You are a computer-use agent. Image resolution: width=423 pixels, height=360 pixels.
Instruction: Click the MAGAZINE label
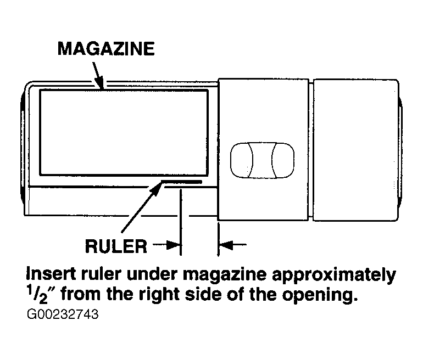(106, 49)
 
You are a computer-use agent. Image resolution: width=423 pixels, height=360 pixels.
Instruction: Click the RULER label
(116, 246)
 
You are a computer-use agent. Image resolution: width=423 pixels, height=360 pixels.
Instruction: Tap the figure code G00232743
(63, 314)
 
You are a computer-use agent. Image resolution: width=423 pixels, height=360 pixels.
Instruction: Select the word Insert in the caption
(51, 274)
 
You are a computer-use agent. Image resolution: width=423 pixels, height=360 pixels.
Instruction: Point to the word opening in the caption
(320, 295)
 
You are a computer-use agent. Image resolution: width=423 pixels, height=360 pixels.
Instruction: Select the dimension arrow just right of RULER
(166, 245)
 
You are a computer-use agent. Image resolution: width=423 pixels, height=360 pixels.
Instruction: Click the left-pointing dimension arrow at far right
(232, 245)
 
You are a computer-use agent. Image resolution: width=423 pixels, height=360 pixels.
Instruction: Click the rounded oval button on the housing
(262, 160)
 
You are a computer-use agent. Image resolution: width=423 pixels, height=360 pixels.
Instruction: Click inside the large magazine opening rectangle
(124, 133)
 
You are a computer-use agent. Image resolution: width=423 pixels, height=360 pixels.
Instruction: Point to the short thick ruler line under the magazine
(181, 182)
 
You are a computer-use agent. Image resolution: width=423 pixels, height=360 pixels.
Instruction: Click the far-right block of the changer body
(356, 150)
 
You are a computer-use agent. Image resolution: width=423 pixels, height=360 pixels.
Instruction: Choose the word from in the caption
(81, 294)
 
